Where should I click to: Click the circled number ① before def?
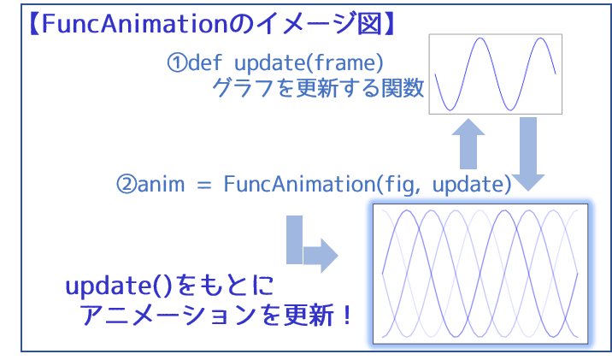tap(177, 63)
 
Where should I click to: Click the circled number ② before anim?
tap(127, 185)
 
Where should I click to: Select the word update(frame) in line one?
tap(309, 63)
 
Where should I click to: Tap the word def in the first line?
tap(205, 62)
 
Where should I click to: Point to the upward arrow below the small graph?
tap(468, 144)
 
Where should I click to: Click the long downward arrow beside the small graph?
tap(528, 154)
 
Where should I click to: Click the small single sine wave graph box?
tap(495, 74)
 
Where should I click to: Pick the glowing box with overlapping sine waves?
tap(480, 274)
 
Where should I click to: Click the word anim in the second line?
tap(162, 185)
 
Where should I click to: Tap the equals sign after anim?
tap(204, 186)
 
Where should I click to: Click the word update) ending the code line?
tap(472, 185)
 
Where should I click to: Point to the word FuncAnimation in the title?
tap(134, 24)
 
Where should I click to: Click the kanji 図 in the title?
tap(369, 24)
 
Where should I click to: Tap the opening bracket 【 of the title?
tap(34, 24)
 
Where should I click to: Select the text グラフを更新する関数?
tap(318, 87)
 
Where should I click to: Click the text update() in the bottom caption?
tap(118, 286)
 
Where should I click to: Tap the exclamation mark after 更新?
tap(346, 315)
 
